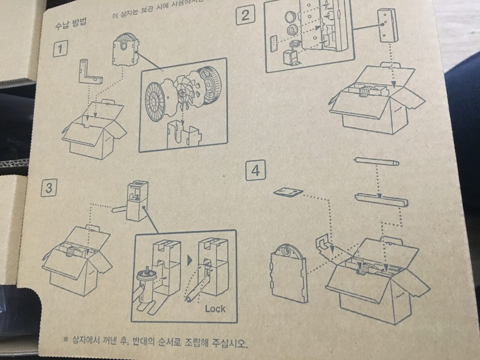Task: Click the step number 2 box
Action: pyautogui.click(x=246, y=16)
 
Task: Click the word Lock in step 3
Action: pyautogui.click(x=215, y=309)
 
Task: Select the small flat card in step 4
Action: pyautogui.click(x=288, y=192)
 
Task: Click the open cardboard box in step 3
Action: pyautogui.click(x=75, y=260)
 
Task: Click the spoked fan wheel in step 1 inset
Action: pyautogui.click(x=183, y=92)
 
